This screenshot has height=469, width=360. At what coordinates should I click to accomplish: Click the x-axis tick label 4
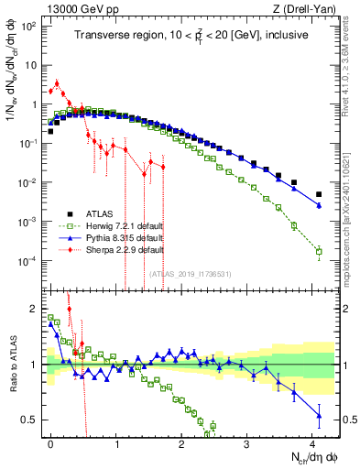click(x=312, y=442)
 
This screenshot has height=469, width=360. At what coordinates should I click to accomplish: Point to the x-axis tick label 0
click(x=51, y=442)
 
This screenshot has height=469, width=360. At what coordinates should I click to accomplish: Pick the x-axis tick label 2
click(x=181, y=442)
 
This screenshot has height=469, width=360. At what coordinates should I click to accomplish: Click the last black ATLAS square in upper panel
click(x=319, y=194)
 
